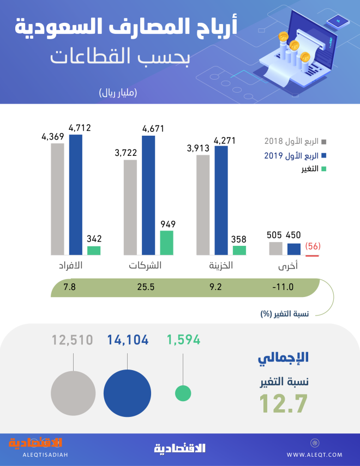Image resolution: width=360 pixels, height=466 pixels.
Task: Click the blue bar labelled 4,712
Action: pos(75,195)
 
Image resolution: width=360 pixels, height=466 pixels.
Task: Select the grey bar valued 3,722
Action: pos(130,207)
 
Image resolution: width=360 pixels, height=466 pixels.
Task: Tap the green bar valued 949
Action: pos(166,243)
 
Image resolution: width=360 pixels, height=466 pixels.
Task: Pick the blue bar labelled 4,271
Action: pos(221,200)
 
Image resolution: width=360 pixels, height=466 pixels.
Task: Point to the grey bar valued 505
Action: pos(275,249)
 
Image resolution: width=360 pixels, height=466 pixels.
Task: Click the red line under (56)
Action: pos(313,255)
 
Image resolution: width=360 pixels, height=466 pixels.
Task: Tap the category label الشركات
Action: pos(145,267)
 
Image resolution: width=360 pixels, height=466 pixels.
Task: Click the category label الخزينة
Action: pos(221,267)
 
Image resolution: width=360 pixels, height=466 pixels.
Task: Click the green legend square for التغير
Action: pos(323,170)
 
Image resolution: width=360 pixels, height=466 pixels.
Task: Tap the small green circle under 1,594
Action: pos(183,392)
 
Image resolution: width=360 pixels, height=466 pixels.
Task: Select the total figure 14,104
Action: pos(128,340)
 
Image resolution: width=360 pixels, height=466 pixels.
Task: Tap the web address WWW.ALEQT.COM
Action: pos(314,454)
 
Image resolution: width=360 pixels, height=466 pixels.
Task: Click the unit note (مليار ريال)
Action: pos(118,93)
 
